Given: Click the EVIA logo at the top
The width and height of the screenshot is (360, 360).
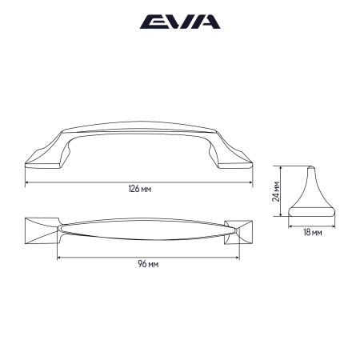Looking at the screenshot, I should pyautogui.click(x=180, y=22).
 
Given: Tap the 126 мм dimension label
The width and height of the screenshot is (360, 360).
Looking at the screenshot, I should pyautogui.click(x=140, y=190).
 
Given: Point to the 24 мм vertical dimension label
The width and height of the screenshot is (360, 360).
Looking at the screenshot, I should pyautogui.click(x=275, y=192).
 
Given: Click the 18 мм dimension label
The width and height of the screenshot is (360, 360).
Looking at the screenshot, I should pyautogui.click(x=313, y=233).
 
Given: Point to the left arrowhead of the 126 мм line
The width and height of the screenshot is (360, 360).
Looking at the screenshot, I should pyautogui.click(x=28, y=182).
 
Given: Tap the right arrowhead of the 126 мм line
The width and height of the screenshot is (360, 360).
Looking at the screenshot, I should pyautogui.click(x=251, y=182).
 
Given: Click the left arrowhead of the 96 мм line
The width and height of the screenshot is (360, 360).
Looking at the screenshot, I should pyautogui.click(x=58, y=257).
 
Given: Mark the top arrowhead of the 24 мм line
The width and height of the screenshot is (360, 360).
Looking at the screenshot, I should pyautogui.click(x=279, y=168).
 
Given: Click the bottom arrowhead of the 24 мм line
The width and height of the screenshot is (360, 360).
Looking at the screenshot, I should pyautogui.click(x=279, y=217).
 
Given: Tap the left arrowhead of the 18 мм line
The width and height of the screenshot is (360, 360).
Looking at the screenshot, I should pyautogui.click(x=290, y=225).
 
